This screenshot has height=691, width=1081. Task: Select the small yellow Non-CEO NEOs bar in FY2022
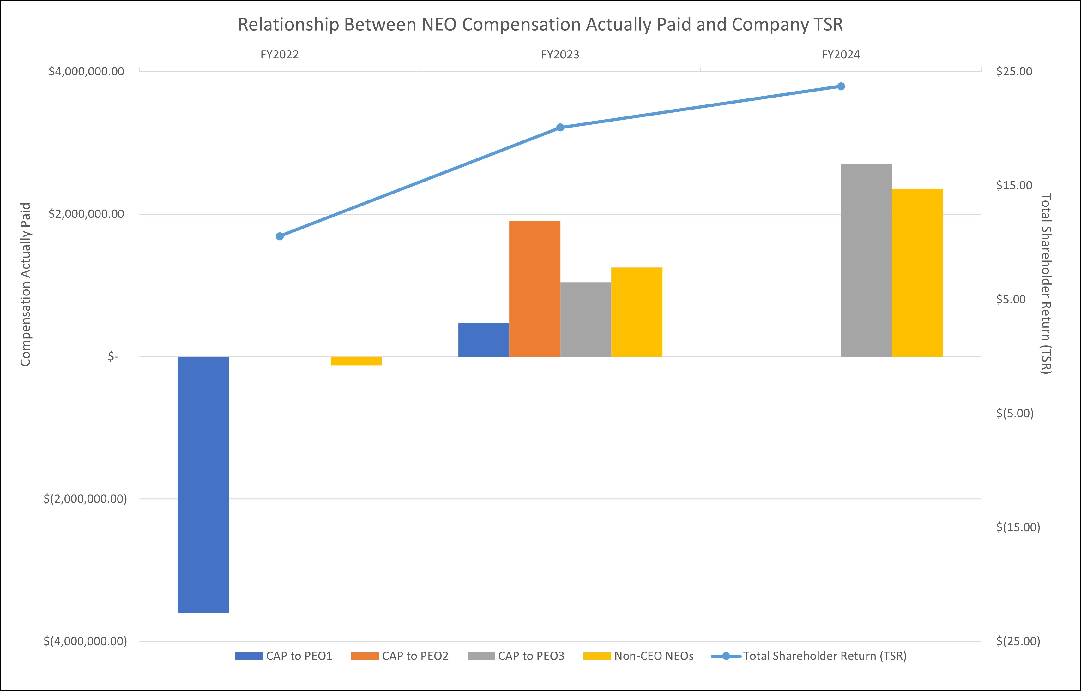click(x=356, y=361)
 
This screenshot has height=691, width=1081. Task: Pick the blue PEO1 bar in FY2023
click(x=484, y=340)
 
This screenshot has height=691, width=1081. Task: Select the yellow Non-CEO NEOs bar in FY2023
click(x=637, y=312)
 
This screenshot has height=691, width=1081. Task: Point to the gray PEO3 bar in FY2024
click(x=866, y=260)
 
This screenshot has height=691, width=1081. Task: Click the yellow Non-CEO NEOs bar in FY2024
click(x=917, y=273)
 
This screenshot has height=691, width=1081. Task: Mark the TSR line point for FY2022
click(x=280, y=236)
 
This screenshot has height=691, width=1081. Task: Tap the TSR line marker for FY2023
click(x=560, y=128)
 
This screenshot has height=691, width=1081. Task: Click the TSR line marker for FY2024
click(x=841, y=86)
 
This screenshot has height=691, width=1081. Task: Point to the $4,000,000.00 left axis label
click(x=86, y=71)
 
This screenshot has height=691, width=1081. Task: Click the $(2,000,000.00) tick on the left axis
click(x=85, y=499)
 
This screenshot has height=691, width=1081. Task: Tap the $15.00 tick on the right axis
click(x=1014, y=185)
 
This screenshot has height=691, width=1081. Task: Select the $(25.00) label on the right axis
click(x=1018, y=641)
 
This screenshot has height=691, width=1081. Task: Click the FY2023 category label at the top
click(x=560, y=55)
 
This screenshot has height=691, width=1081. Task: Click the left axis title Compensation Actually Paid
click(x=26, y=284)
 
